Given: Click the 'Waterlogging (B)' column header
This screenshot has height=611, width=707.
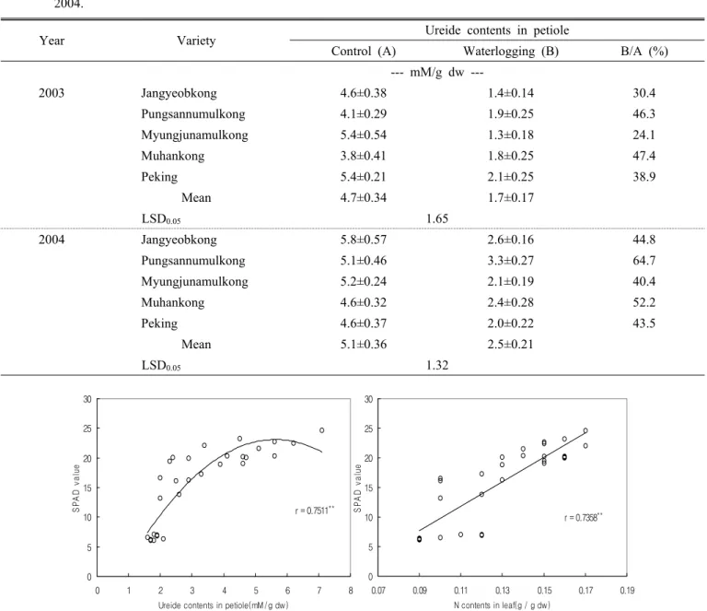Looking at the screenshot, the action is click(x=511, y=52).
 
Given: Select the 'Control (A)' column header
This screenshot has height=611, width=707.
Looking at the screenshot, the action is click(x=364, y=52).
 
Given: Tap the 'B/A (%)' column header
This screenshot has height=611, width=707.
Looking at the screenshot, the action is click(x=643, y=52).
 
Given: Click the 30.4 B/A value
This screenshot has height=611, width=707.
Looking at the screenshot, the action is click(x=643, y=93).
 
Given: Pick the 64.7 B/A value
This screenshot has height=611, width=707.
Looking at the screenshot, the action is click(x=643, y=261).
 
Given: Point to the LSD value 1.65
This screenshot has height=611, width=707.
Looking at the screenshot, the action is click(x=437, y=218).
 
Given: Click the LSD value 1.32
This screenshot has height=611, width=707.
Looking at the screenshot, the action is click(x=437, y=365).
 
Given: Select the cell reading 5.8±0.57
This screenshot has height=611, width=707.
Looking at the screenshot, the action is click(x=364, y=240).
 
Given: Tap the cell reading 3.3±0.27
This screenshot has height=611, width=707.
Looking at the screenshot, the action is click(x=511, y=261).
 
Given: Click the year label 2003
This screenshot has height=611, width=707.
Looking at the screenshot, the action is click(x=52, y=93).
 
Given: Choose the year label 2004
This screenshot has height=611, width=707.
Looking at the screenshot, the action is click(x=52, y=240).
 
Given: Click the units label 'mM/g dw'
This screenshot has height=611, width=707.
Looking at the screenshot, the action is click(x=437, y=73).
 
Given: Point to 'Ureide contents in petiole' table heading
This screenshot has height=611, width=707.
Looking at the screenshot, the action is click(x=497, y=30).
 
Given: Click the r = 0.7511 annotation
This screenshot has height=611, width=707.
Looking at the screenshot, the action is click(x=315, y=511).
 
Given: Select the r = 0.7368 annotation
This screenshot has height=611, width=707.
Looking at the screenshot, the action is click(x=584, y=517).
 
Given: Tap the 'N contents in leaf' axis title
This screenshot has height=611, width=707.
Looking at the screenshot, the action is click(x=502, y=605).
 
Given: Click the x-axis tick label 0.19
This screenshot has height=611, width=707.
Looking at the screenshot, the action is click(x=627, y=590).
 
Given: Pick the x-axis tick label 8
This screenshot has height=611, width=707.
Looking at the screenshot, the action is click(x=351, y=590).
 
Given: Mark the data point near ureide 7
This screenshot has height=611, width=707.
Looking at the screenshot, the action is click(x=321, y=430).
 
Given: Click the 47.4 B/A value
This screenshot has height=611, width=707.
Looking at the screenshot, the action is click(x=643, y=156).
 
